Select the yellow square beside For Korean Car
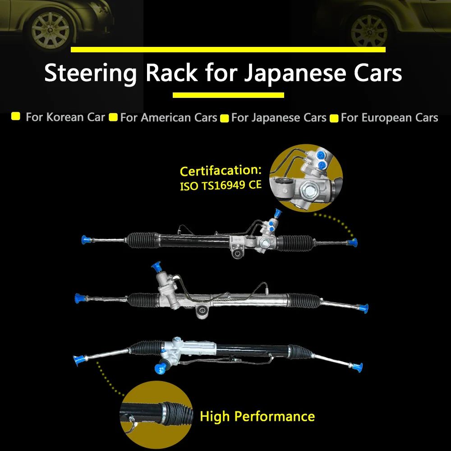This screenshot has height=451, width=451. [x=16, y=117]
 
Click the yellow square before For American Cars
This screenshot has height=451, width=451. [x=114, y=118]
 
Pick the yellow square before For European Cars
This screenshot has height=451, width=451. [x=334, y=119]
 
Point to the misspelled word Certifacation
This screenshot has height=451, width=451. [x=220, y=171]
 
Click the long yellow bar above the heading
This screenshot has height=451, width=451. [x=228, y=50]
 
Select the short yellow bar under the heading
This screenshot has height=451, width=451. [x=228, y=95]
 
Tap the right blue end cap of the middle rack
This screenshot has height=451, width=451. [x=364, y=308]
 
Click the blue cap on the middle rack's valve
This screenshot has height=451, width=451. [x=158, y=267]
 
